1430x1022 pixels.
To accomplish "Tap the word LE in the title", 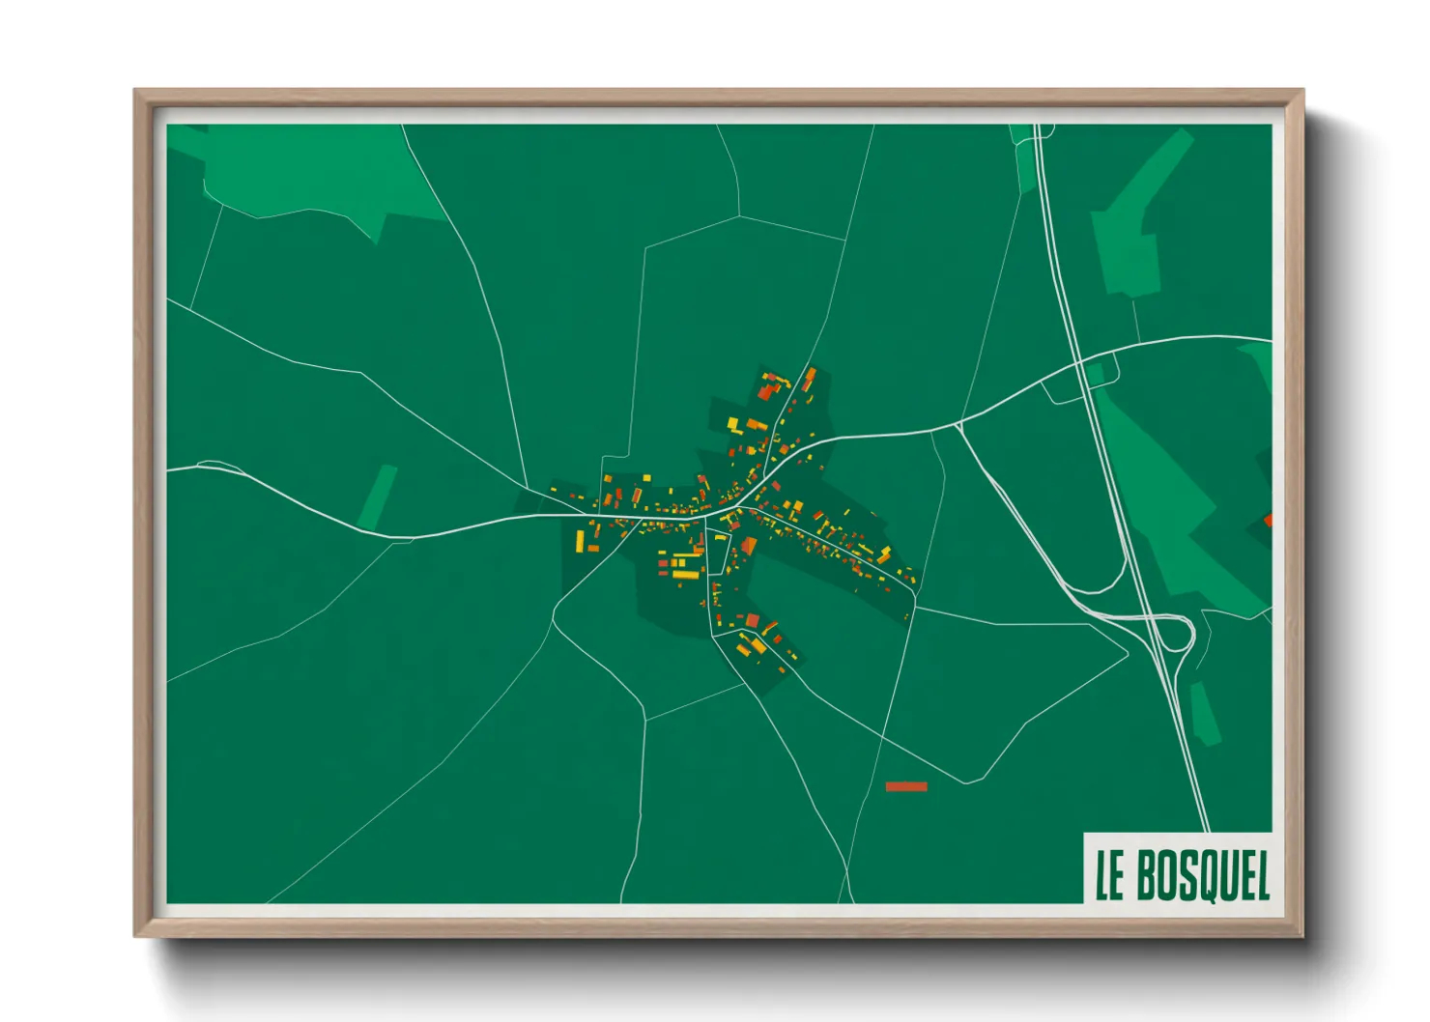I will (1109, 874).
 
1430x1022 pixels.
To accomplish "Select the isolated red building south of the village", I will (905, 786).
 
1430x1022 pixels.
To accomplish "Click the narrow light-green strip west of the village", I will (378, 497).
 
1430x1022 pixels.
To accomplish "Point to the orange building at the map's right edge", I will (1268, 520).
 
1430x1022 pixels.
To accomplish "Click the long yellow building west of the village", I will (580, 540).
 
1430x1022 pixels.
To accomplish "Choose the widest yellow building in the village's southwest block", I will (685, 575).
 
